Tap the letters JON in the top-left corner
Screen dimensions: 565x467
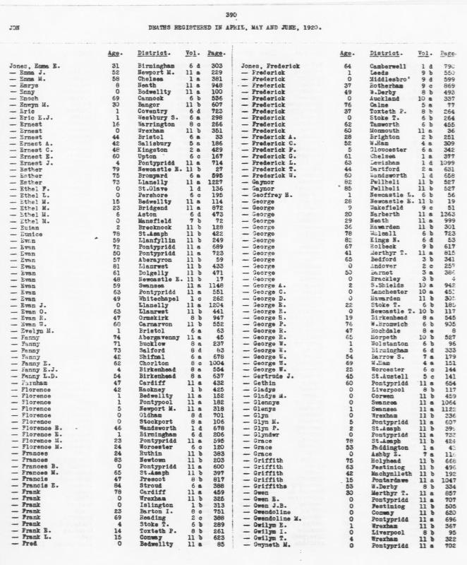[x=13, y=29]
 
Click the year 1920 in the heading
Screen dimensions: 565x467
[x=303, y=29]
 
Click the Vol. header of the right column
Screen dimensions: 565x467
[x=425, y=54]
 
